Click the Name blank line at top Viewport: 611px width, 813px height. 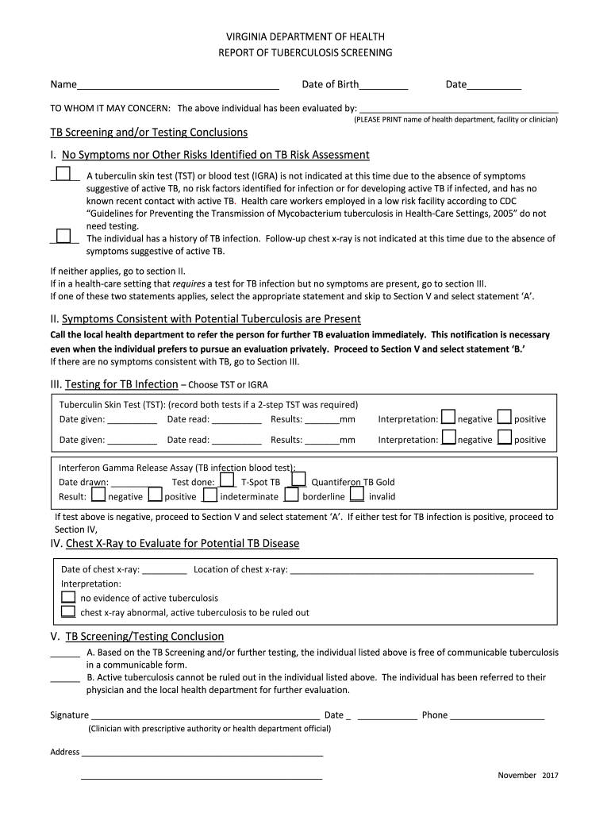178,85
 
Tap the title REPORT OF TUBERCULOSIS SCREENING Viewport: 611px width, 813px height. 305,52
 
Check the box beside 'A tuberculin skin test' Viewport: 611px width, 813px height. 63,174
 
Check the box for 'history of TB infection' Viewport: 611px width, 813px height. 63,237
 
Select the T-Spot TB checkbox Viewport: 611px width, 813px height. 227,480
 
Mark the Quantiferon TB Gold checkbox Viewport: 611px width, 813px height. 298,480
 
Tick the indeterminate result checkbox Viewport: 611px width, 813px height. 210,495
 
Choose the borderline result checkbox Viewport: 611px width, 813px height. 291,495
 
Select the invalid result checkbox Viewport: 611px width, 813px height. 357,495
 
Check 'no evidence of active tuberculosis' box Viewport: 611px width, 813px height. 69,597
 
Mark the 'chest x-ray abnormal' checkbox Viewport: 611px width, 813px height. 69,611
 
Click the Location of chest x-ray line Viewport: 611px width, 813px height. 412,570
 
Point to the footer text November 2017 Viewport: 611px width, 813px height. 528,775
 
